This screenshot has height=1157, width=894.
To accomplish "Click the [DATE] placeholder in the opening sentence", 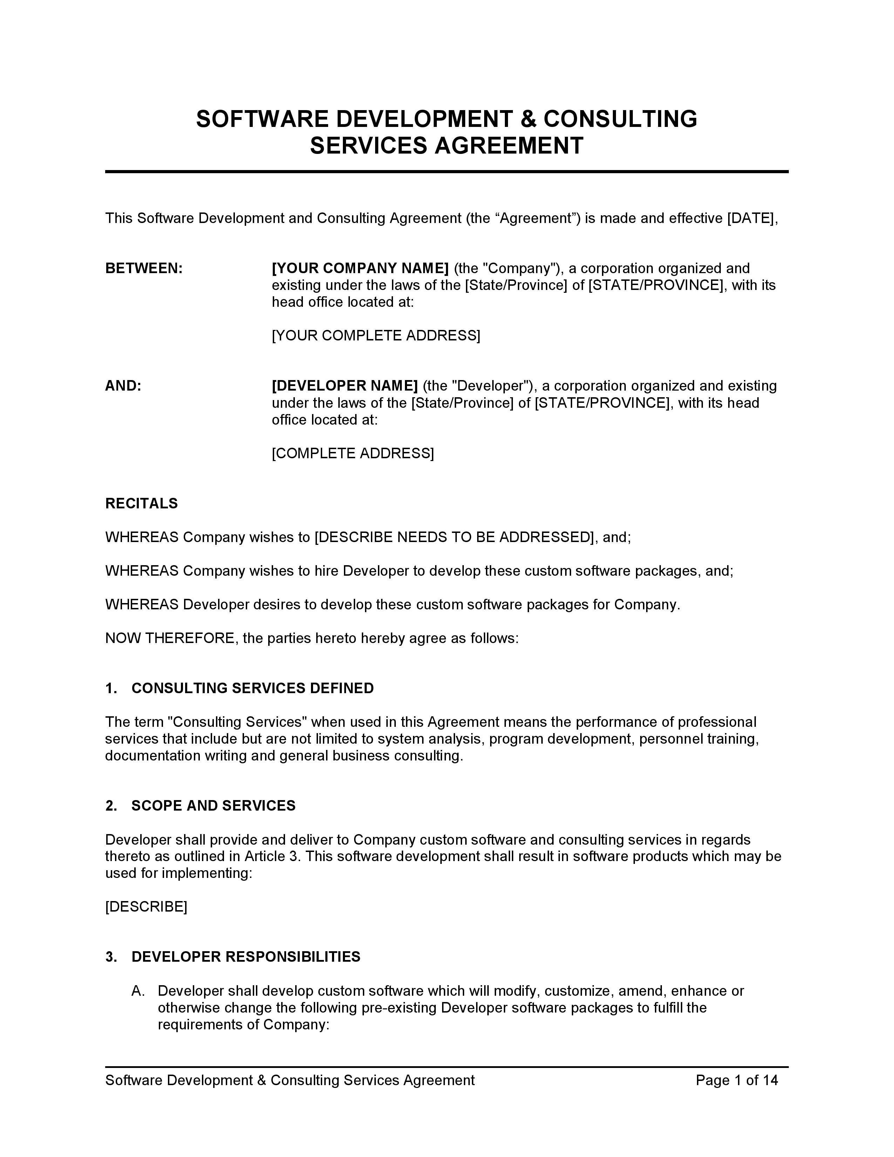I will [751, 218].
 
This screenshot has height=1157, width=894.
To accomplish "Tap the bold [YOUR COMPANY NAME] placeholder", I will [360, 269].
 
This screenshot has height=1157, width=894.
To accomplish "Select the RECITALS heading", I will [141, 503].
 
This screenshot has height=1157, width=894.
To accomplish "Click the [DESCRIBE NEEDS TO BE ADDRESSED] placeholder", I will [454, 537].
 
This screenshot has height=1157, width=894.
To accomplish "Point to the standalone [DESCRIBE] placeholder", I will [146, 907].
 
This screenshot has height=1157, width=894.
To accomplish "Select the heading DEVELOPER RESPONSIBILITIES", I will [246, 957].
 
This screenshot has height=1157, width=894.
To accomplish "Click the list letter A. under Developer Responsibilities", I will [138, 991].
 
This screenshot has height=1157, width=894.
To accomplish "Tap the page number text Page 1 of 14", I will [736, 1080].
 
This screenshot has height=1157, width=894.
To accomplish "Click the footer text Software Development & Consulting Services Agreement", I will [290, 1080].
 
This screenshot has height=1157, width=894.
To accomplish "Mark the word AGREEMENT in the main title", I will [509, 146].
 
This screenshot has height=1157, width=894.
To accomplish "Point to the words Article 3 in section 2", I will [272, 857].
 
